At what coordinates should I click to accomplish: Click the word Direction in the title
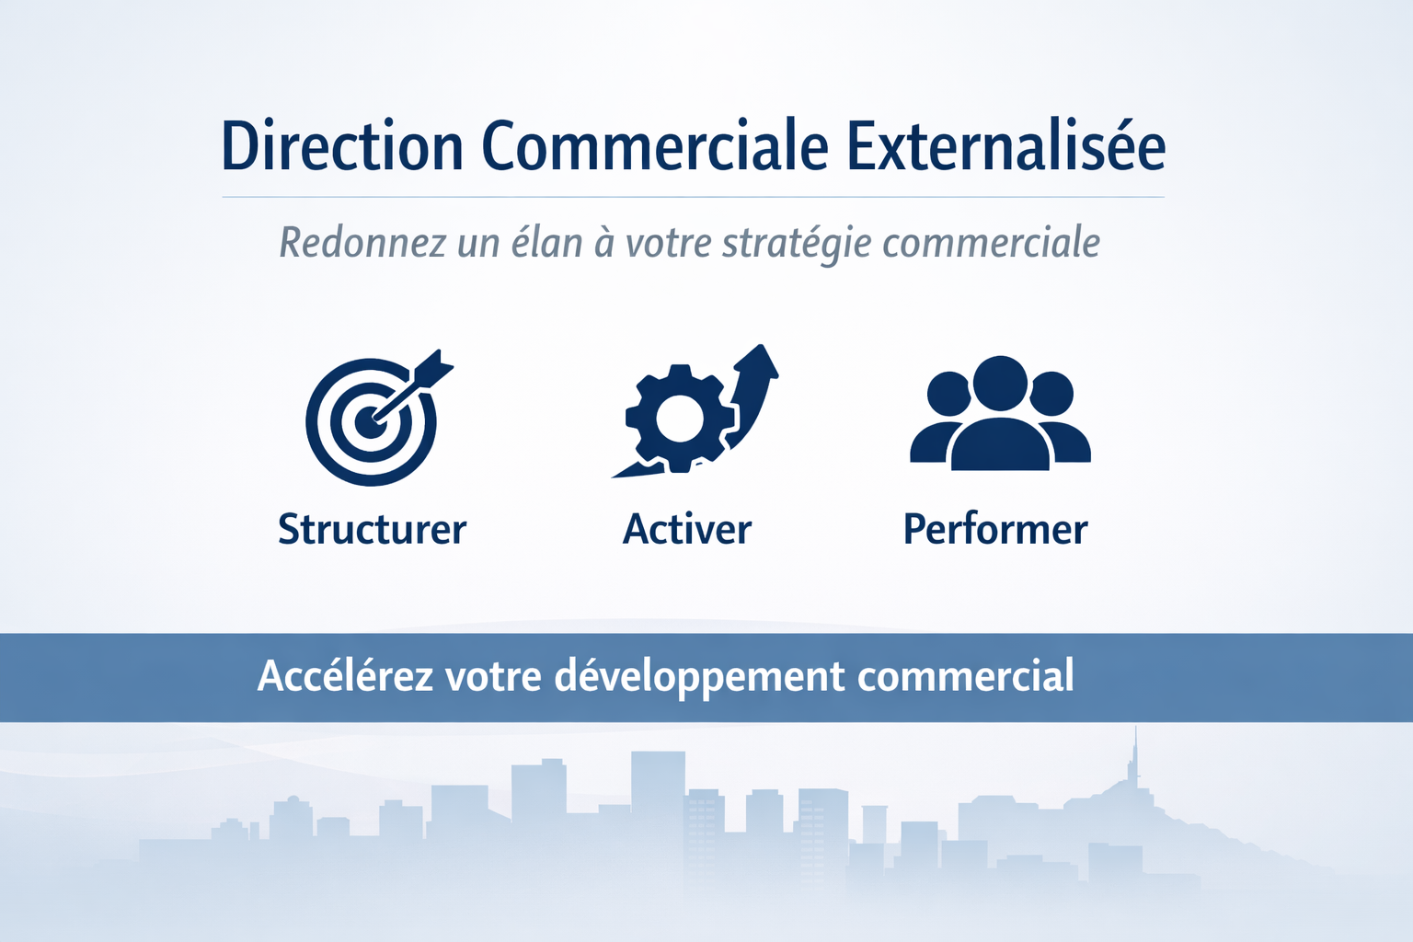342,145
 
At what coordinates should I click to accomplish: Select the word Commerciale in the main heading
655,145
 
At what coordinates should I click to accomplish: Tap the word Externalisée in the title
1005,145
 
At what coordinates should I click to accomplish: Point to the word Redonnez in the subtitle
362,243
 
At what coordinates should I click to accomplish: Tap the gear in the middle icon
680,419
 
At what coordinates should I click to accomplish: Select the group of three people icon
1000,413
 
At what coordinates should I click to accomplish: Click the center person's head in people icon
1000,384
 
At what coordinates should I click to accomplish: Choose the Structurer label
373,529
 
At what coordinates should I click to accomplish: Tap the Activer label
687,529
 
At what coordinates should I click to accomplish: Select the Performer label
995,529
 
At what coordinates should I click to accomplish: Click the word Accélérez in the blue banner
346,675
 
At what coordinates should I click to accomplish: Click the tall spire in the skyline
1135,757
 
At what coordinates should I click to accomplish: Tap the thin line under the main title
693,197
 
